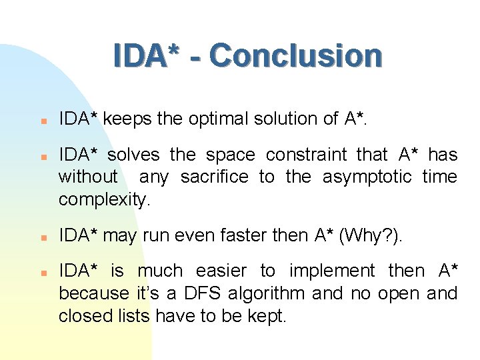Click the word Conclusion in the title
(295, 56)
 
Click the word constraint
(306, 155)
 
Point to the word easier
(220, 271)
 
